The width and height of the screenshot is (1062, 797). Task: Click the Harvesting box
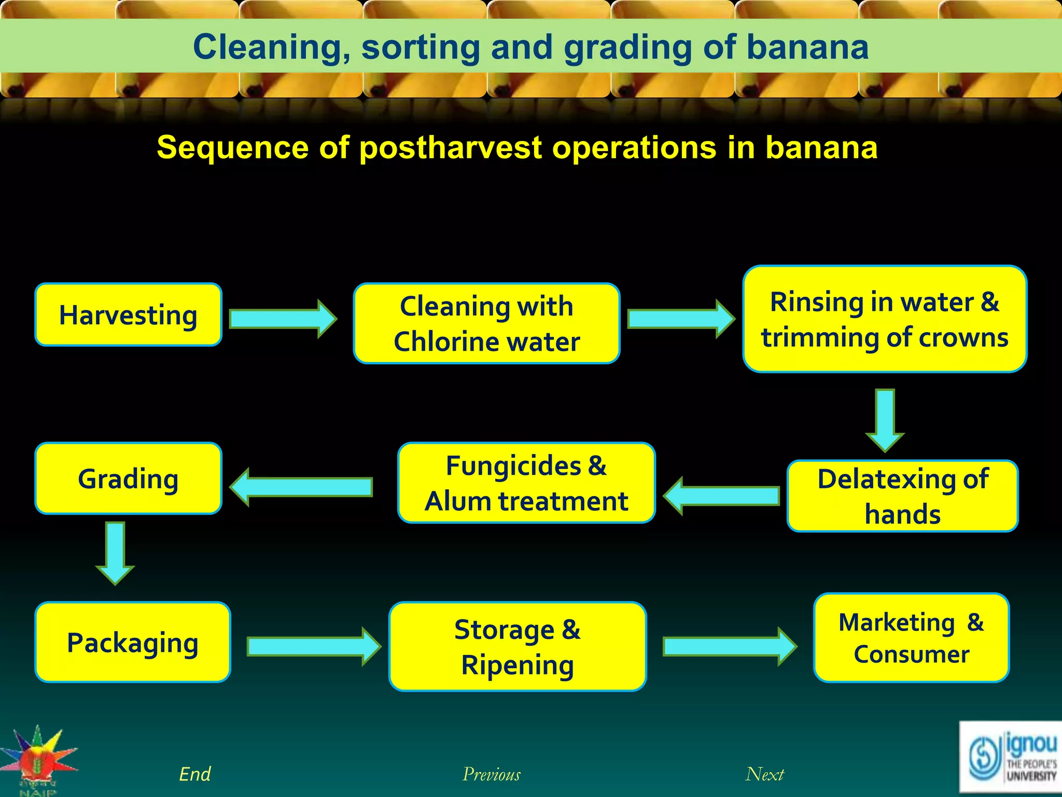(128, 315)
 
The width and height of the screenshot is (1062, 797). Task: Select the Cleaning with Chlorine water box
(486, 323)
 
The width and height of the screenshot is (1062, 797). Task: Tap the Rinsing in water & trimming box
(885, 319)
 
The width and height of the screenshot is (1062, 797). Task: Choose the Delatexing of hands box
(902, 496)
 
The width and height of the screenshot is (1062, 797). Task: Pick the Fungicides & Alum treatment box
(526, 483)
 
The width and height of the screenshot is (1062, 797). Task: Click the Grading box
(128, 478)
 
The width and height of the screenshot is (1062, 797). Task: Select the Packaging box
(133, 642)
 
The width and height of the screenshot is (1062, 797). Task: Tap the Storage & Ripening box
(518, 647)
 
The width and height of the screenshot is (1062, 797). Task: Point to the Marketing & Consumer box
(911, 638)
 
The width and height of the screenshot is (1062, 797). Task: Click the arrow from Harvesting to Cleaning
(283, 319)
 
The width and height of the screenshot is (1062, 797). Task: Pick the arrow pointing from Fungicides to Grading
(301, 487)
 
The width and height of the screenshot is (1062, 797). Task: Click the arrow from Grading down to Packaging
(115, 553)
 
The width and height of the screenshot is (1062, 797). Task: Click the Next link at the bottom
(764, 774)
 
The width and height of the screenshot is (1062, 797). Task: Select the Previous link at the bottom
(491, 774)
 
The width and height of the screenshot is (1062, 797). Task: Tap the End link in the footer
(194, 774)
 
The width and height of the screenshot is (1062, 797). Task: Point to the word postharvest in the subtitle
(450, 148)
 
